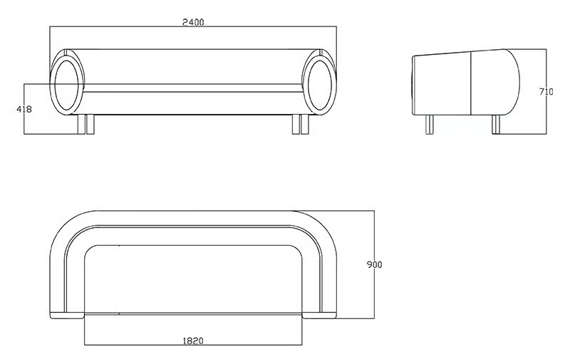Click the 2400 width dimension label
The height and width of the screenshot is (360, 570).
193,22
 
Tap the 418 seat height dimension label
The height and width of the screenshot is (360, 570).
24,109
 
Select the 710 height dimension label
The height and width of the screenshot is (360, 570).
546,92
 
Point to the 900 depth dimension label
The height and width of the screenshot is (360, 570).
375,264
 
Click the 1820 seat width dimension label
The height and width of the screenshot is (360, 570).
192,341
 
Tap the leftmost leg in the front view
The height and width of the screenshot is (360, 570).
82,124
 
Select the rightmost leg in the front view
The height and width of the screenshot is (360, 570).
306,124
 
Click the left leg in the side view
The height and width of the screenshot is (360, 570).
430,124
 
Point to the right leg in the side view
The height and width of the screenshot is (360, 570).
496,124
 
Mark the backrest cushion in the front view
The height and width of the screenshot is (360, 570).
193,66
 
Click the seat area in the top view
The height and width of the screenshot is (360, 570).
193,279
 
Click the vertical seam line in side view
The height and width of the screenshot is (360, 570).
471,83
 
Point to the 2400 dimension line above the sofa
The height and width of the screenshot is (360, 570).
193,26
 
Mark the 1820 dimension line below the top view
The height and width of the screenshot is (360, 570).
193,345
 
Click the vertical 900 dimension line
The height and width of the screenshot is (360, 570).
375,264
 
